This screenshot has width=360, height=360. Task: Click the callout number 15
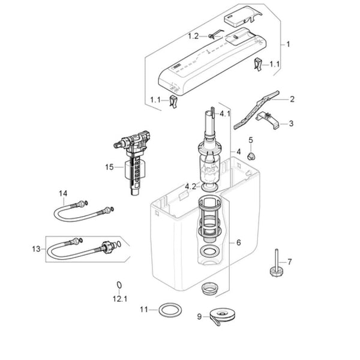(x=109, y=167)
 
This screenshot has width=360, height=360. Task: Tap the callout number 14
(x=63, y=194)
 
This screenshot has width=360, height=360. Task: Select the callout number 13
(x=36, y=249)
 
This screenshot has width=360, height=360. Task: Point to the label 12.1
(x=120, y=299)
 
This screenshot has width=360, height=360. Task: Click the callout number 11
(x=144, y=310)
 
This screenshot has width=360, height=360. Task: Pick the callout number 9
(x=199, y=317)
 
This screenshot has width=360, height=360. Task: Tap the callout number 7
(x=290, y=262)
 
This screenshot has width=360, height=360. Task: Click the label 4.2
(x=191, y=187)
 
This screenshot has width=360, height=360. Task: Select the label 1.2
(x=193, y=36)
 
